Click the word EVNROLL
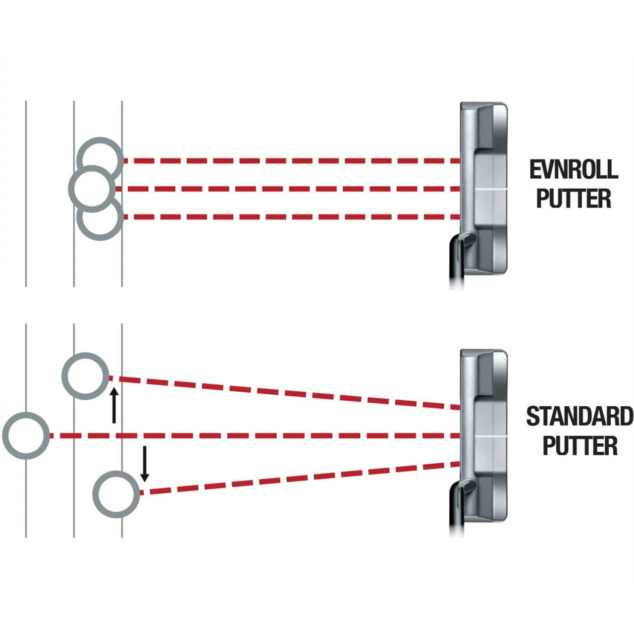point(574,169)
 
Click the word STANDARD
point(579,416)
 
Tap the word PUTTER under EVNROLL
point(574,199)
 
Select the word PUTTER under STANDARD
point(580,446)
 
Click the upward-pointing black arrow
point(114,406)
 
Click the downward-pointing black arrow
point(145,464)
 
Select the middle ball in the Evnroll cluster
point(91,188)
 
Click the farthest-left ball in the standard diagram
point(26,435)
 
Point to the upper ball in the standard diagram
point(86,375)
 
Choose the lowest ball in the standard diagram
point(116,494)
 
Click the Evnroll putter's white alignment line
point(490,190)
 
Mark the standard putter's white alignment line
point(490,437)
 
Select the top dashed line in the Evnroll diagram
point(292,161)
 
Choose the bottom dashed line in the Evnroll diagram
point(292,217)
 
